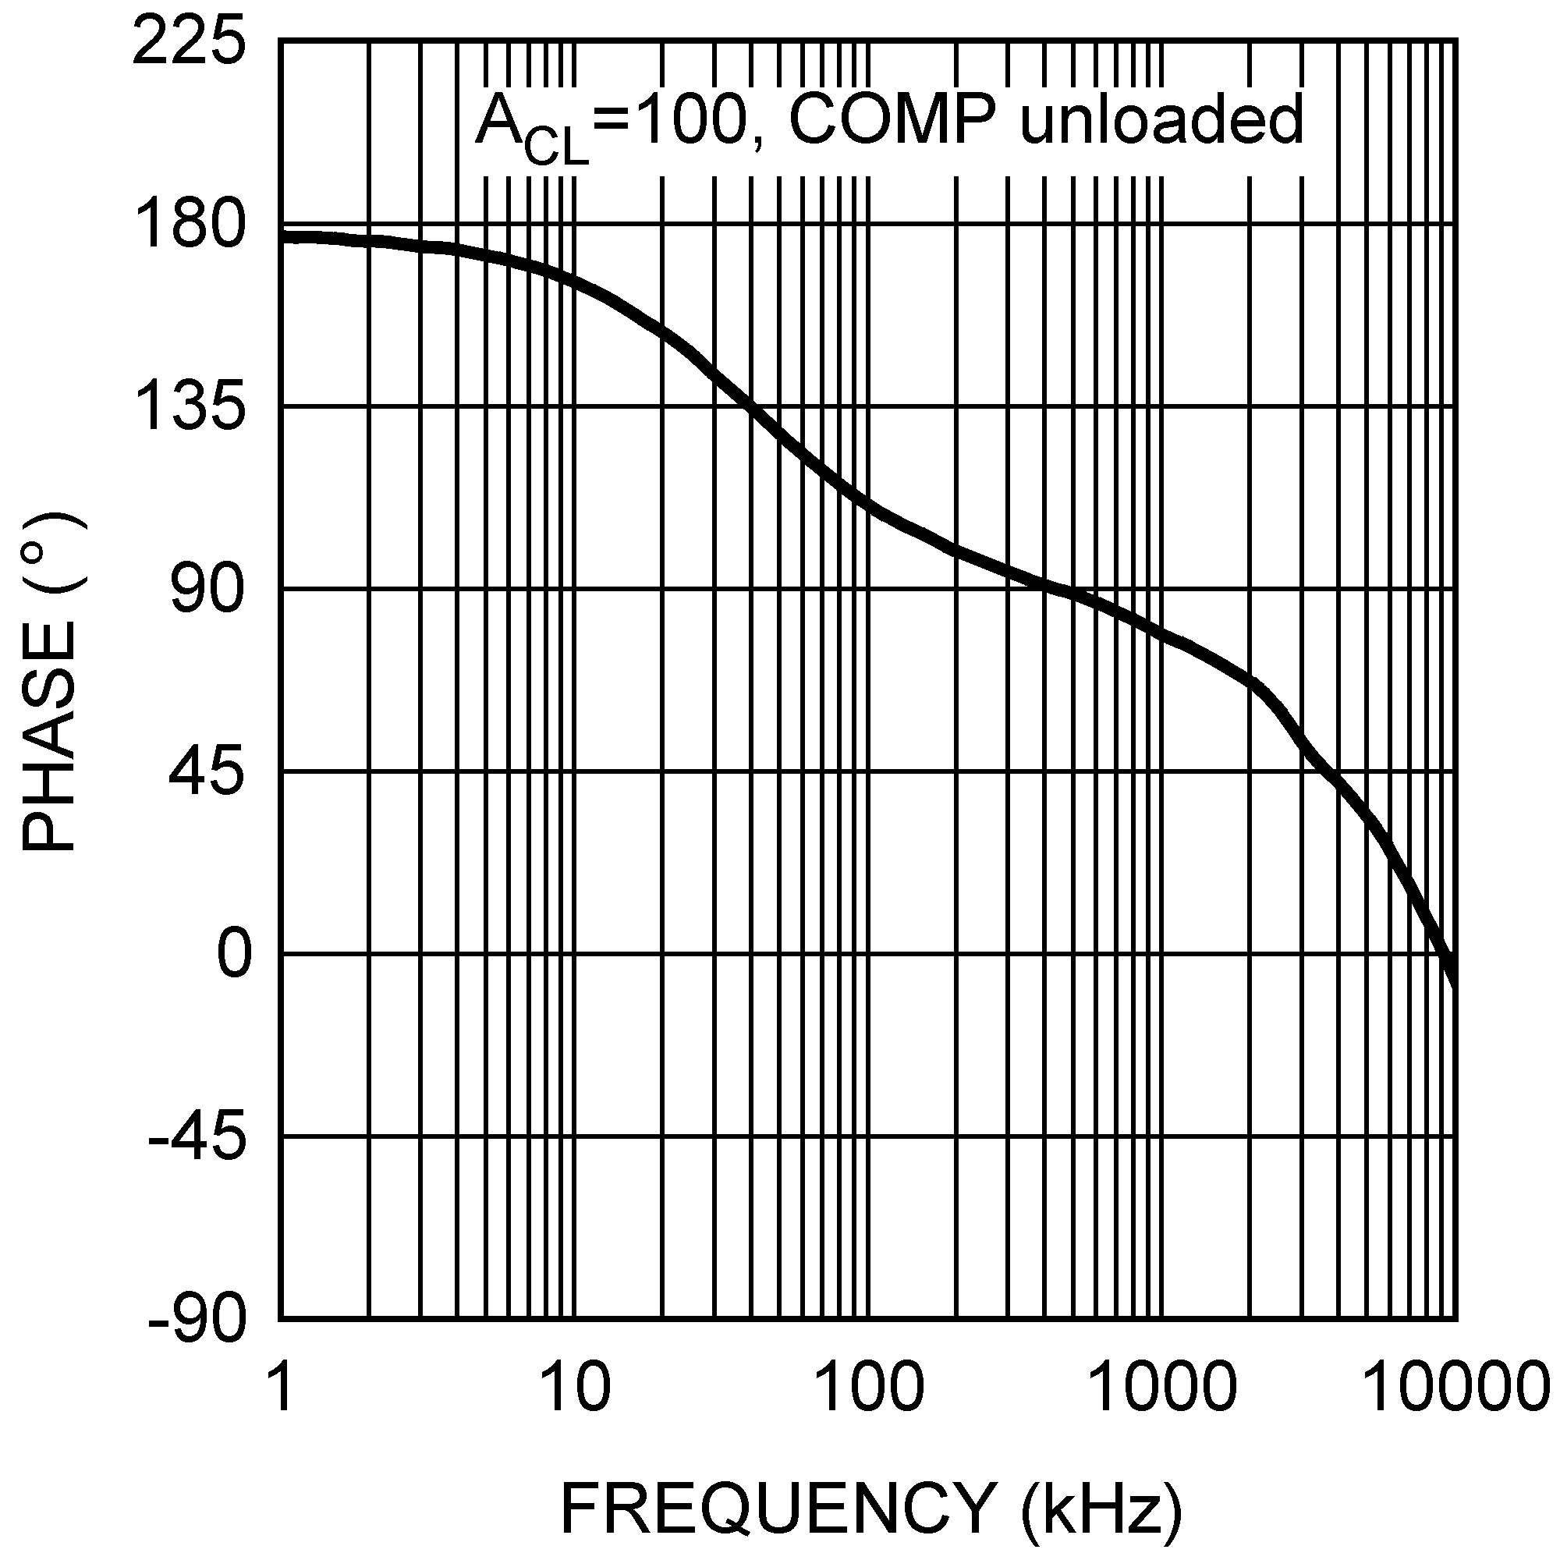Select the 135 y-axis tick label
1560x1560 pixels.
pyautogui.click(x=188, y=407)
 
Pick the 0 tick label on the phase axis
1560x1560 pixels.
pyautogui.click(x=233, y=955)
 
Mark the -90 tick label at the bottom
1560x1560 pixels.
pyautogui.click(x=197, y=1321)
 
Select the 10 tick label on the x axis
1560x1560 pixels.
pyautogui.click(x=574, y=1387)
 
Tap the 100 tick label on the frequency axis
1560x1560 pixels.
pyautogui.click(x=868, y=1387)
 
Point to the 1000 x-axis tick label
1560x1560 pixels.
pyautogui.click(x=1162, y=1387)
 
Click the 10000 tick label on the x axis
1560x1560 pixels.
pyautogui.click(x=1455, y=1387)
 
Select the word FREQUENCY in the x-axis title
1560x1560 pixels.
pyautogui.click(x=777, y=1508)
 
